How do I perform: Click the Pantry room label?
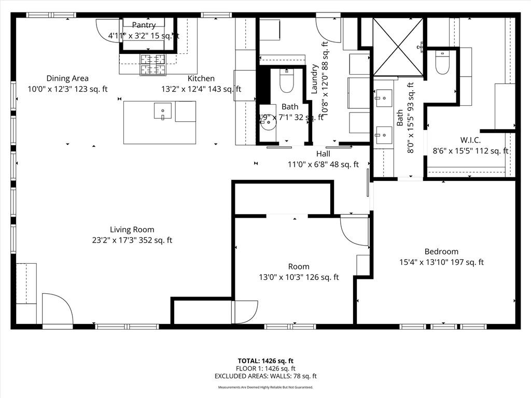coord(144,25)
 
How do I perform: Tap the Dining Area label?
coord(67,78)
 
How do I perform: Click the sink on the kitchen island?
coord(162,110)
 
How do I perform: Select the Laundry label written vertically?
coord(314,79)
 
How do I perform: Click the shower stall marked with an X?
coord(398,47)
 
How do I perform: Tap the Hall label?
coord(323,154)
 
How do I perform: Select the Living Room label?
coord(132,230)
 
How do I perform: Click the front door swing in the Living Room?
coord(57,310)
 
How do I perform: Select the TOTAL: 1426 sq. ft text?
coord(265,361)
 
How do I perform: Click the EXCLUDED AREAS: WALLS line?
coord(265,376)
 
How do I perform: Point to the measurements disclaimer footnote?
coord(265,387)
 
